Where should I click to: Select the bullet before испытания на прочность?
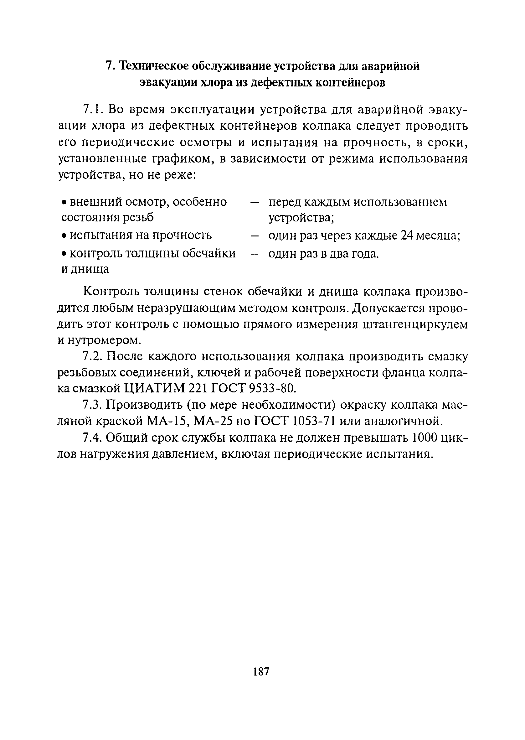64,236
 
